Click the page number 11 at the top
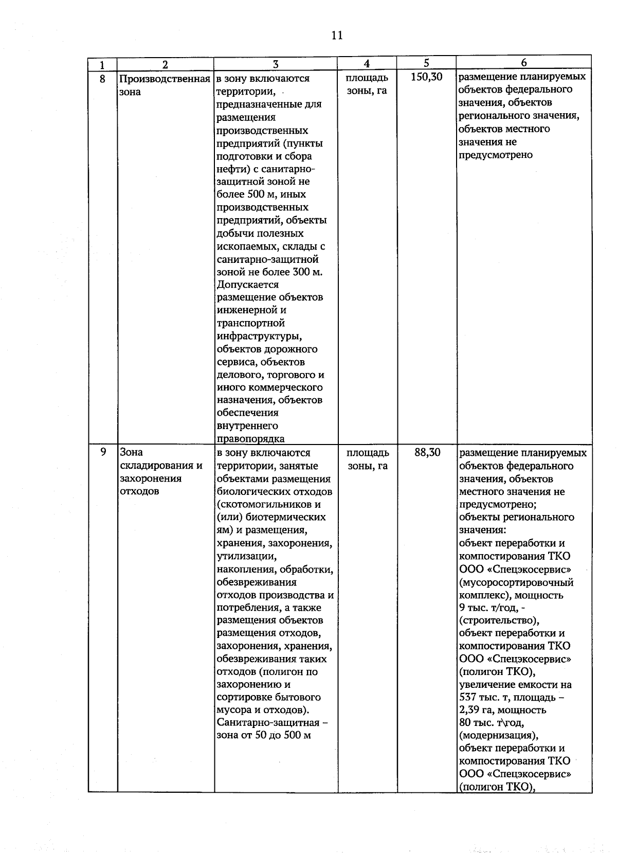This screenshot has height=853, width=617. tap(337, 35)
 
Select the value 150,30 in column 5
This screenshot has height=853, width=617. tap(427, 78)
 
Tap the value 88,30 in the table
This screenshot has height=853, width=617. tap(427, 452)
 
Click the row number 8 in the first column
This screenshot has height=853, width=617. tap(102, 79)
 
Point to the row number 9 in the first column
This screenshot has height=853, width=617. tap(103, 452)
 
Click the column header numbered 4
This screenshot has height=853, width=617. tap(367, 63)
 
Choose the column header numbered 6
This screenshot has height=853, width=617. tap(523, 62)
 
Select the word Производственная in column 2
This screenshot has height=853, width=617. tap(165, 79)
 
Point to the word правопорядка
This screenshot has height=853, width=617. tap(251, 439)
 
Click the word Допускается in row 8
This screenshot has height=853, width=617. tap(248, 285)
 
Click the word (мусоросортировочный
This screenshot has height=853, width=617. tap(516, 582)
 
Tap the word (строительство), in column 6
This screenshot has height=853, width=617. tap(499, 620)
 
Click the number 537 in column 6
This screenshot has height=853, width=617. tap(469, 697)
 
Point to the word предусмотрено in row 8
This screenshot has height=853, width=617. tap(496, 155)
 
